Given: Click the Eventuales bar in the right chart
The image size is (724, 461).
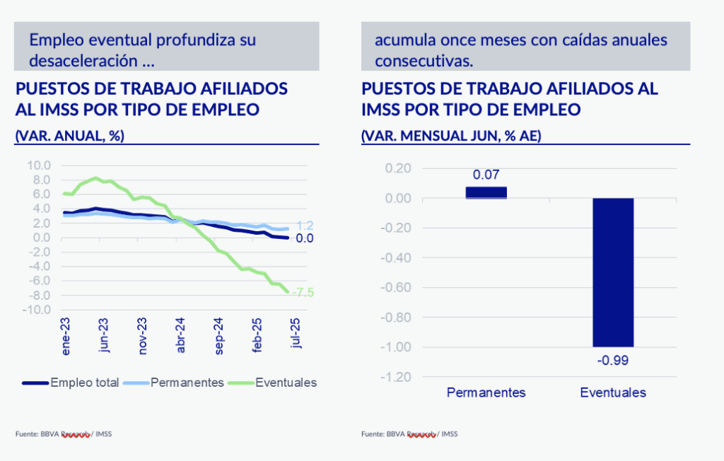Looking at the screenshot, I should [613, 272].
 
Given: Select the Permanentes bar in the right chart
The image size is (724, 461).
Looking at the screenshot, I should [486, 192].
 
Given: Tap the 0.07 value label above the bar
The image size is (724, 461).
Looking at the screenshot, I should [486, 175].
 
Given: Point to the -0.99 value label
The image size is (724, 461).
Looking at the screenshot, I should [613, 361].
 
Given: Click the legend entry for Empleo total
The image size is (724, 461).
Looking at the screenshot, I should [71, 383].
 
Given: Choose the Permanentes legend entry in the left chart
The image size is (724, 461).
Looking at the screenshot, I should [173, 383].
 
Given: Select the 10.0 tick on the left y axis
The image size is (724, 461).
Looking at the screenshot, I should [37, 165].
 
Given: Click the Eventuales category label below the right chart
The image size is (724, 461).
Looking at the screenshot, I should [613, 392].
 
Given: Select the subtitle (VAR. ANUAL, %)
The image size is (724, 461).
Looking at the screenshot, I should [69, 136].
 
